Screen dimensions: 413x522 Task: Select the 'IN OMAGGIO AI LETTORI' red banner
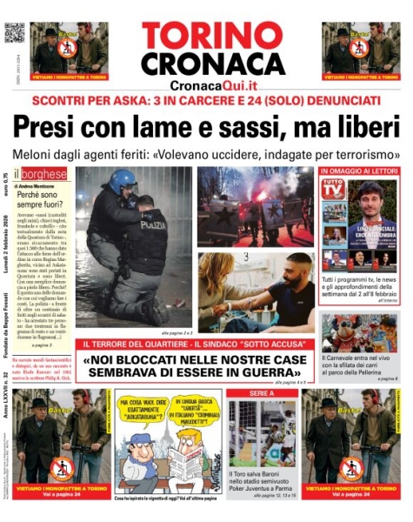pyautogui.click(x=359, y=171)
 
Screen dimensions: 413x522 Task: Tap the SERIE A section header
pyautogui.click(x=262, y=394)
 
